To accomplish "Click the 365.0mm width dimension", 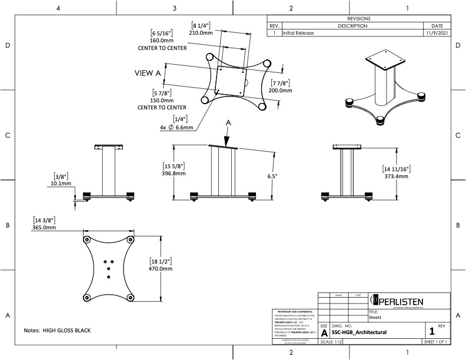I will point(44,227).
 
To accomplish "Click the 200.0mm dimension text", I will point(281,90).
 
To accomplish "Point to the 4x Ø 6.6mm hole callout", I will point(176,128).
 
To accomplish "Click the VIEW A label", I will point(148,73).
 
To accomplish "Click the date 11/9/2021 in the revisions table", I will point(437,34).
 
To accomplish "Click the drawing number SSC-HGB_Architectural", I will point(359,332).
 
